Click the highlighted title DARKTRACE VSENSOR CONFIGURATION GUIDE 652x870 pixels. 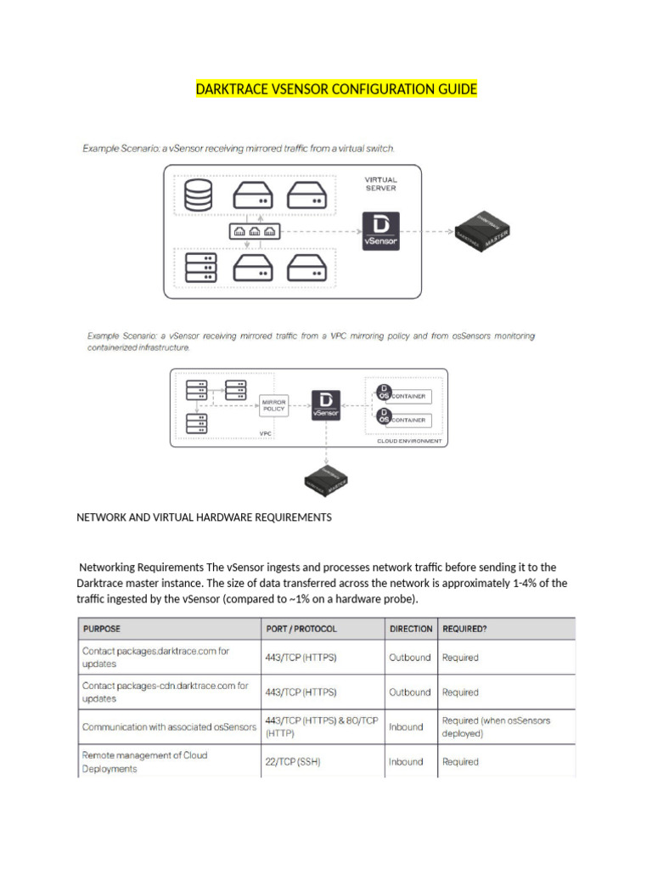(x=336, y=89)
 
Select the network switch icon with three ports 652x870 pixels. (x=254, y=231)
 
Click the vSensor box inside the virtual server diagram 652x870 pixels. (x=379, y=230)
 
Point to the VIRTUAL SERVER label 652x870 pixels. (x=380, y=184)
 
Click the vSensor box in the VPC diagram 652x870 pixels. (x=326, y=404)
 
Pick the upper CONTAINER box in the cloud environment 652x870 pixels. (x=404, y=396)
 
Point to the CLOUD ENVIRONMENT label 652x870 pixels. (x=409, y=441)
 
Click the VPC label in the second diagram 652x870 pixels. (x=265, y=432)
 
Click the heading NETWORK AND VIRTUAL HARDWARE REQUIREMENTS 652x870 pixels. (x=204, y=517)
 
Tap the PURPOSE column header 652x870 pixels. (x=101, y=629)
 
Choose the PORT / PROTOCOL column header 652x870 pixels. (x=301, y=629)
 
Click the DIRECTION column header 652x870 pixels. (x=410, y=629)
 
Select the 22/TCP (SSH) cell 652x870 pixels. (x=295, y=762)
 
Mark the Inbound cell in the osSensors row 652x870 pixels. (x=405, y=727)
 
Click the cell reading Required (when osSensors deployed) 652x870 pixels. (x=496, y=727)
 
